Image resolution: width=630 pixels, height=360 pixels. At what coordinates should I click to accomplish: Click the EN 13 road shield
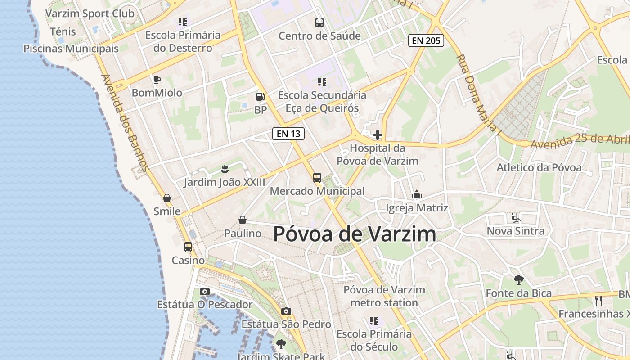pos(288,134)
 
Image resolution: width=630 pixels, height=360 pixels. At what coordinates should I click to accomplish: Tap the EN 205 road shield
pos(426,40)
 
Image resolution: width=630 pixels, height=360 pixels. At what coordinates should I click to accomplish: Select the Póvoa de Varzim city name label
pos(355,234)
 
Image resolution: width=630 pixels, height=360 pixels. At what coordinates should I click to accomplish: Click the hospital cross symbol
pos(378,135)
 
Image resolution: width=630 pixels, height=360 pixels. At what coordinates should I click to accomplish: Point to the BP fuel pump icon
pos(260,96)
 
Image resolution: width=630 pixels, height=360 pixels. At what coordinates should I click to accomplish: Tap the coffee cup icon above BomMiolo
pos(157,80)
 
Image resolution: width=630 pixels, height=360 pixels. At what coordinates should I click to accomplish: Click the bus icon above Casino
pos(188,247)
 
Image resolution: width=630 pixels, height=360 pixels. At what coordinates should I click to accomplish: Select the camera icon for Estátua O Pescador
pos(205,292)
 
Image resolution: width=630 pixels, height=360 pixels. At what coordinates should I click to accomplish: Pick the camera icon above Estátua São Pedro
pos(286,311)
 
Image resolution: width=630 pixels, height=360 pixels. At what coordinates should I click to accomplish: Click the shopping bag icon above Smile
pos(167,198)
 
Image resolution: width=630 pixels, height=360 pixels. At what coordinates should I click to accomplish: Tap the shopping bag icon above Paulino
pos(243,220)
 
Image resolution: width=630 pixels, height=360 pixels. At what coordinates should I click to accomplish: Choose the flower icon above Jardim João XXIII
pos(225,169)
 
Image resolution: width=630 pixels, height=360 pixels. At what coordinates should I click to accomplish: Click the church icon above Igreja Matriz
pos(417,195)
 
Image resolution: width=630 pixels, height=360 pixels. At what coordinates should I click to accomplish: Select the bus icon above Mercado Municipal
pos(317,178)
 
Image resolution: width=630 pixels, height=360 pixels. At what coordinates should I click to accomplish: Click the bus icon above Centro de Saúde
pos(319,22)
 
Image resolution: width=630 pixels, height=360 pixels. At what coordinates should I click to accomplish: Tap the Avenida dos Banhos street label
pos(125,123)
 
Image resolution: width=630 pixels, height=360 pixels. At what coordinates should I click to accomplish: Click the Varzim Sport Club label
pos(90,13)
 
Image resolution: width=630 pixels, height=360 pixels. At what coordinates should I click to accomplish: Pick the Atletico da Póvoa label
pos(539,168)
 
